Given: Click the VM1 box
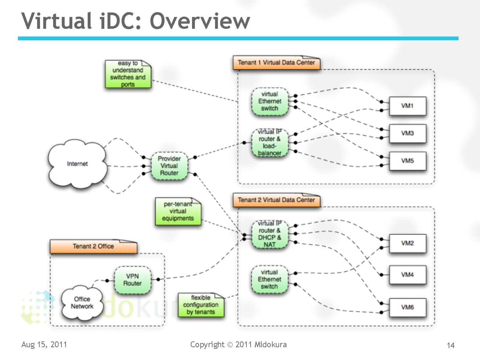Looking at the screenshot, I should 407,106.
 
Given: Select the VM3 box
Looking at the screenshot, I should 407,133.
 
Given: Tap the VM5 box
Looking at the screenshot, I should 407,161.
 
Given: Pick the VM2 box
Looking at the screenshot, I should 407,243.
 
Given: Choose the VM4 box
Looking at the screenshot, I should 407,274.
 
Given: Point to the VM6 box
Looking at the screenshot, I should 407,307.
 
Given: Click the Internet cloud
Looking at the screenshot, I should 77,164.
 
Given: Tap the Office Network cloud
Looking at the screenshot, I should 82,303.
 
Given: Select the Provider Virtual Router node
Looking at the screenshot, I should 169,166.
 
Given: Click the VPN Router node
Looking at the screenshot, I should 132,280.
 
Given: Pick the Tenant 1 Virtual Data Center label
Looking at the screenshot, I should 276,63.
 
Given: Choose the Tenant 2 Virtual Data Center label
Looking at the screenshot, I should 276,200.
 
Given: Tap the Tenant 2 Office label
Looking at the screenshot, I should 93,246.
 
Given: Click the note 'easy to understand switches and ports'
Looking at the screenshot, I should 128,74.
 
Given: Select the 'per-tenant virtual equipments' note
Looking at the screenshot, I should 178,211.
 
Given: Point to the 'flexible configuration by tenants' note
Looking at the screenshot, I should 201,305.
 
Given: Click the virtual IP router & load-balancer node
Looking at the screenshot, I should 269,142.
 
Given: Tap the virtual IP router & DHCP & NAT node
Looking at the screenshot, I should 269,234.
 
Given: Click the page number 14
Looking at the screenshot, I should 451,346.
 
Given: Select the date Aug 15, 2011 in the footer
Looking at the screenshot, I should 44,344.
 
